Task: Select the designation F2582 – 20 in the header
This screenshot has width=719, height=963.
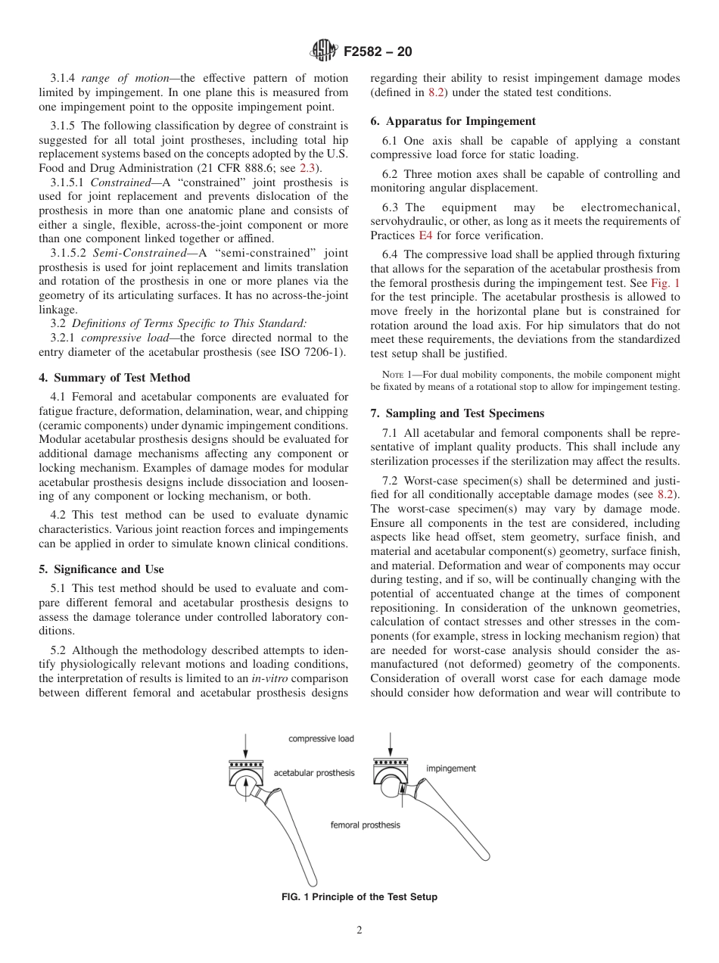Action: (378, 52)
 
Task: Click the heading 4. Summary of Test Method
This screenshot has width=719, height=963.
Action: (114, 378)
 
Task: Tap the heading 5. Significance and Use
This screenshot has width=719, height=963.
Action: (101, 569)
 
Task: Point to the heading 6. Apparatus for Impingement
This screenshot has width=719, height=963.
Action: (453, 121)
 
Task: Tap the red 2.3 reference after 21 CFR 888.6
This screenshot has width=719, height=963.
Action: (307, 167)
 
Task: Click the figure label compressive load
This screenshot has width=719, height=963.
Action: (320, 738)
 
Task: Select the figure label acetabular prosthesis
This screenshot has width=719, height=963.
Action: (313, 773)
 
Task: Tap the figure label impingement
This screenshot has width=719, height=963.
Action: (451, 768)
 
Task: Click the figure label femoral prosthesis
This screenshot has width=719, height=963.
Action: (365, 824)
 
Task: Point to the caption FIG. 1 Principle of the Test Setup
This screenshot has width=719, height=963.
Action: (359, 897)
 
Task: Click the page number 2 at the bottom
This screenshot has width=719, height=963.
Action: (359, 930)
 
